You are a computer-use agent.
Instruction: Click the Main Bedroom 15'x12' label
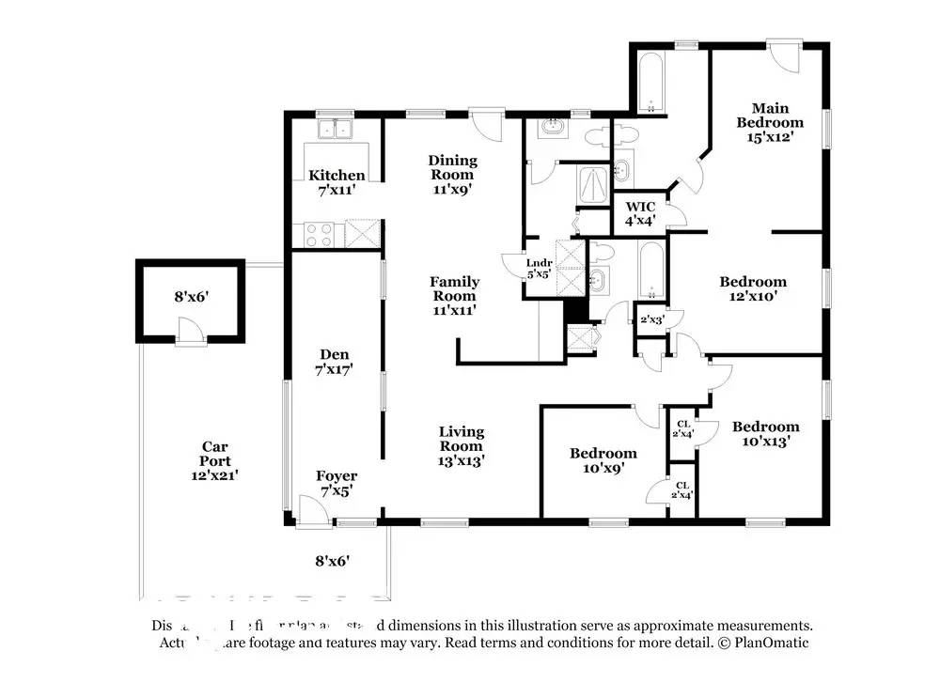point(770,122)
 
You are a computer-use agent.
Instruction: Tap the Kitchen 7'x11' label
point(337,182)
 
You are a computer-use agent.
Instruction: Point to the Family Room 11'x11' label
point(454,295)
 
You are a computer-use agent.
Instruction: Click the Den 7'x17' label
point(335,362)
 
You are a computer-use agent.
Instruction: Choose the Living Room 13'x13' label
point(461,445)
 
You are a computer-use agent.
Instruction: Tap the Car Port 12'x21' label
point(214,460)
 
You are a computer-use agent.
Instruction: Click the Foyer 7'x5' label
point(336,483)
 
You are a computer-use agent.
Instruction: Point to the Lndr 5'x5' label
point(539,269)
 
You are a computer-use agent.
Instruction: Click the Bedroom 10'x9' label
point(603,459)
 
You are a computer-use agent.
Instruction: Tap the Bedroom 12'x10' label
point(753,288)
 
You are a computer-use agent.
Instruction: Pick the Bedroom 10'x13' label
point(766,433)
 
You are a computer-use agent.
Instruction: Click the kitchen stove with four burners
point(318,232)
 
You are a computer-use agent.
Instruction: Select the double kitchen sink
point(334,129)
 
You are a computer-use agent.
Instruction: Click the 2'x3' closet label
point(651,319)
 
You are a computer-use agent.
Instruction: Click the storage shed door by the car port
point(191,331)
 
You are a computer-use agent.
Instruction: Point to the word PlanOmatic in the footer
point(771,643)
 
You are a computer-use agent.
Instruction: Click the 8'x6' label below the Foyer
point(332,561)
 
